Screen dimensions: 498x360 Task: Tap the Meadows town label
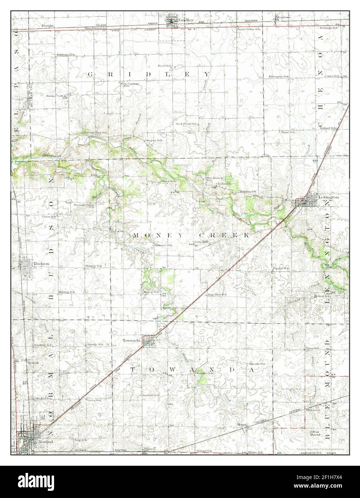click(283, 17)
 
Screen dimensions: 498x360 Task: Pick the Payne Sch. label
click(288, 132)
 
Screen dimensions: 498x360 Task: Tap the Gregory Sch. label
click(154, 140)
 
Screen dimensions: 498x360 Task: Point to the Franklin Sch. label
click(248, 192)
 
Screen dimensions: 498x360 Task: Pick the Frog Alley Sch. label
click(217, 295)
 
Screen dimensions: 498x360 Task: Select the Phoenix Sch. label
click(258, 364)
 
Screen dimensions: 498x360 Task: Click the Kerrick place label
click(33, 363)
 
